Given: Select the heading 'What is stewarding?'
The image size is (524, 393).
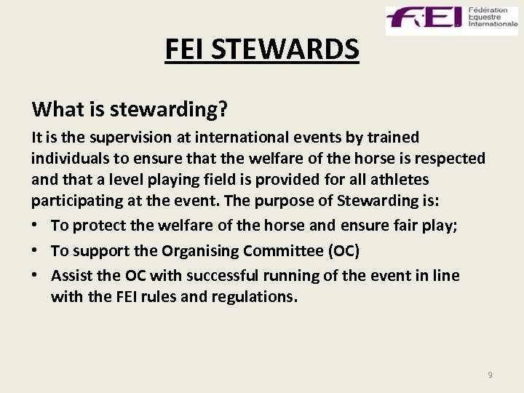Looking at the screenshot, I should pos(130,109).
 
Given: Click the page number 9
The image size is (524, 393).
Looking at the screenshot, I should pos(490,374).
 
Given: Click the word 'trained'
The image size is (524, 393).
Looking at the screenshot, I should pos(393,138).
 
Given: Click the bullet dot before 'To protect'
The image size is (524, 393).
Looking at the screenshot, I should pos(36,226).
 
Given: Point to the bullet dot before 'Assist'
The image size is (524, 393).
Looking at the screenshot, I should pos(36,276).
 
